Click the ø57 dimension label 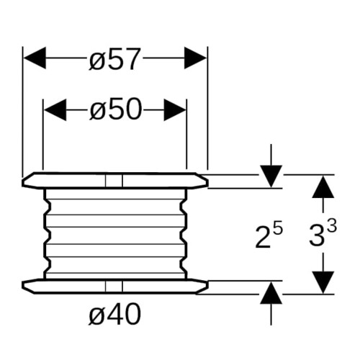114,59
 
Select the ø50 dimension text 115,109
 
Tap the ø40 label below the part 114,314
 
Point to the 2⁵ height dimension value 269,236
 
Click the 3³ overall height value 323,233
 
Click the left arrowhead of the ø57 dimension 35,58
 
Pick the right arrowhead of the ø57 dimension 195,58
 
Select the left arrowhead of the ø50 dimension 55,110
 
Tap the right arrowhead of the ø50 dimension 175,110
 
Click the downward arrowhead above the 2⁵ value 271,176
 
